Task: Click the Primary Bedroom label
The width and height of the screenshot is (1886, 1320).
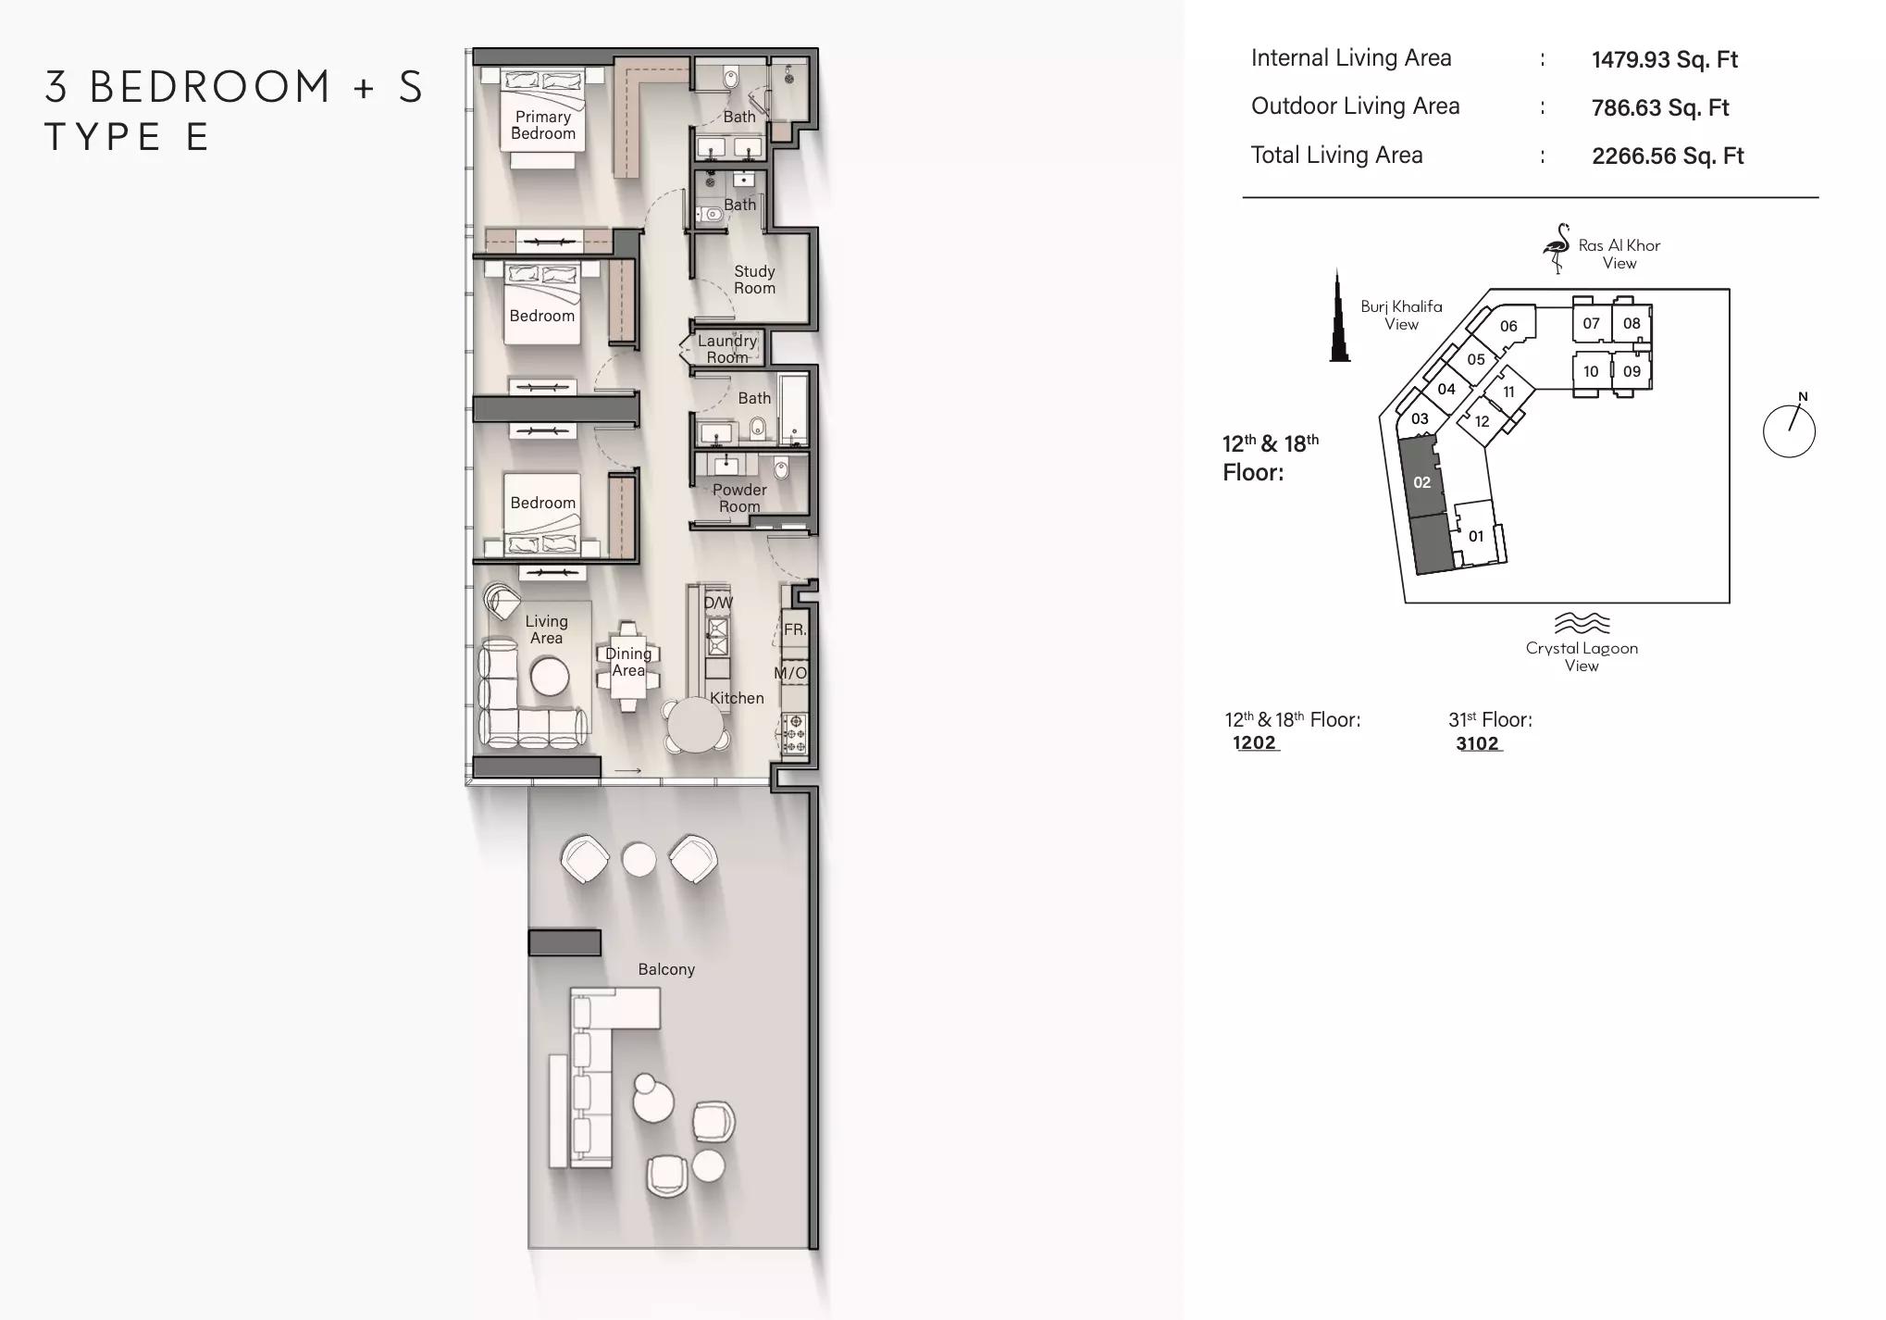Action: pyautogui.click(x=543, y=125)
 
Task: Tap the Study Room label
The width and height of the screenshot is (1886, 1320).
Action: pyautogui.click(x=754, y=280)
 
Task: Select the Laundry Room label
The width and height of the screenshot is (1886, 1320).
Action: pyautogui.click(x=727, y=349)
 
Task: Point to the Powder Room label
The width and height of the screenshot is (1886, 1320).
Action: pyautogui.click(x=739, y=498)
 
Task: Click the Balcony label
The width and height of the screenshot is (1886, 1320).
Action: pyautogui.click(x=666, y=969)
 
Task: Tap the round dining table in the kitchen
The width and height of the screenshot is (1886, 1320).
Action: pyautogui.click(x=696, y=725)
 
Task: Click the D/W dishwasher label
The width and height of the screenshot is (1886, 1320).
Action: pyautogui.click(x=718, y=603)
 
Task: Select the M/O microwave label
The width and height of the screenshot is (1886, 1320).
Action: pyautogui.click(x=790, y=673)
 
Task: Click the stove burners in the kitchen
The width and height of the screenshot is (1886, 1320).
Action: pyautogui.click(x=794, y=733)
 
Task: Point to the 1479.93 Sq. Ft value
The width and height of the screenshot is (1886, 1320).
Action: pyautogui.click(x=1665, y=59)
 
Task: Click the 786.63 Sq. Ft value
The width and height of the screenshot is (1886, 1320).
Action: pyautogui.click(x=1660, y=107)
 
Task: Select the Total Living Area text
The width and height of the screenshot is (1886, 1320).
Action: pyautogui.click(x=1336, y=155)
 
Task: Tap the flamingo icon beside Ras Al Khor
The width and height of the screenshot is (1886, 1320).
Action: pyautogui.click(x=1556, y=248)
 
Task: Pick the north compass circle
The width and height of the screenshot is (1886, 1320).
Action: pyautogui.click(x=1789, y=430)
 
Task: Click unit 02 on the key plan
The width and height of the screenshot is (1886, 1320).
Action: pyautogui.click(x=1422, y=482)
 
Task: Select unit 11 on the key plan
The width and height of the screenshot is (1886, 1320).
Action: pyautogui.click(x=1508, y=392)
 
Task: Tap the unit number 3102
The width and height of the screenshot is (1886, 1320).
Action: pyautogui.click(x=1477, y=743)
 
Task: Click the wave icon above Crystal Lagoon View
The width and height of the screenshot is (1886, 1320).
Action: pyautogui.click(x=1582, y=622)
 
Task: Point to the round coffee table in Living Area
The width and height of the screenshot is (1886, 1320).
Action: pyautogui.click(x=550, y=677)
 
